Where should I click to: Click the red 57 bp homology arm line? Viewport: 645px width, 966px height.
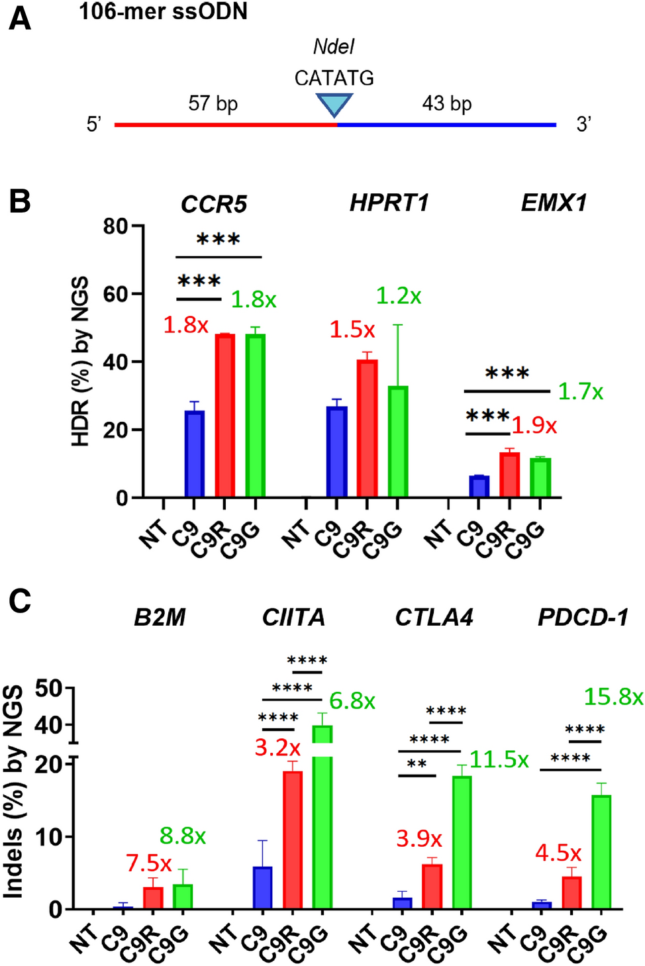click(225, 124)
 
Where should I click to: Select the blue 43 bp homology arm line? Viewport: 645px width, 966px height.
click(447, 124)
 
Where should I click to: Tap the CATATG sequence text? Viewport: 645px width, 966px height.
click(334, 78)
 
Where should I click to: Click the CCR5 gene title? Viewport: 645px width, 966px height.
click(213, 204)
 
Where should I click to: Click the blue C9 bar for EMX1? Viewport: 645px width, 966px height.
click(479, 486)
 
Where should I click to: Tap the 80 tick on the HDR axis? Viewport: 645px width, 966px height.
click(116, 226)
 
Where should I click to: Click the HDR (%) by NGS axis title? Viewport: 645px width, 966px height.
click(80, 361)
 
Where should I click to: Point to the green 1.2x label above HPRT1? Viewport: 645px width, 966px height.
click(398, 296)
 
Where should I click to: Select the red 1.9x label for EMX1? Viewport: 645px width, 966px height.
click(534, 425)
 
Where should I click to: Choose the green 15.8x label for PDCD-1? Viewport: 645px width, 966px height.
click(613, 697)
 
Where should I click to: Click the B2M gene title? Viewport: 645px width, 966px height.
click(160, 617)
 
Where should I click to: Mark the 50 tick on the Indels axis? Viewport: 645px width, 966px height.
click(50, 689)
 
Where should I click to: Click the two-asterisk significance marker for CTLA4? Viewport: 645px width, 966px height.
click(417, 764)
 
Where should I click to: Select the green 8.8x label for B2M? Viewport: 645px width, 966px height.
click(183, 836)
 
